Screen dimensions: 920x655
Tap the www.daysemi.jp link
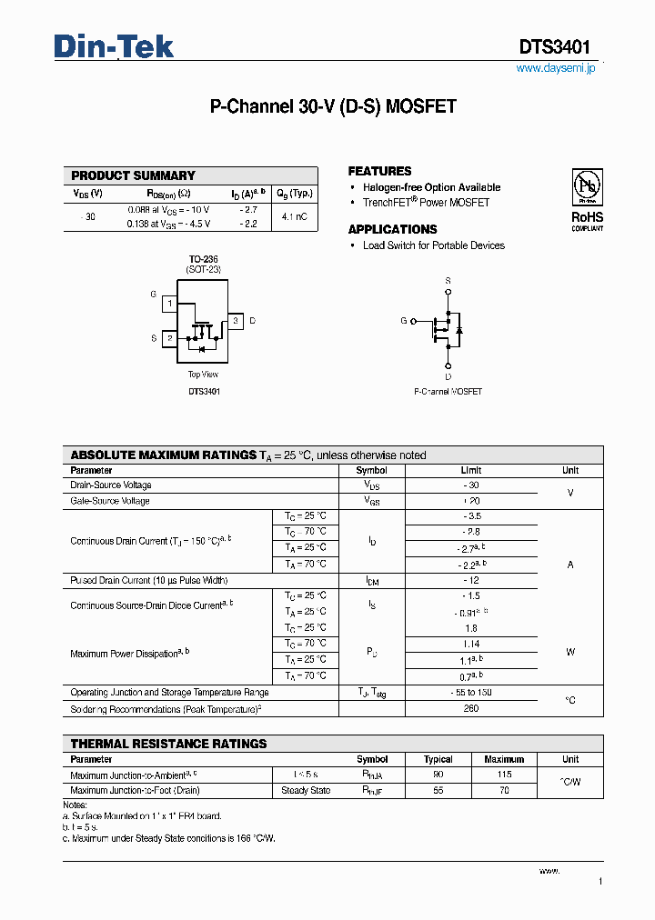pyautogui.click(x=555, y=68)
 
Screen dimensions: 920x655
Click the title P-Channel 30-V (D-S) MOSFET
pyautogui.click(x=333, y=106)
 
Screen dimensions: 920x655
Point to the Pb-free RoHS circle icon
pyautogui.click(x=587, y=187)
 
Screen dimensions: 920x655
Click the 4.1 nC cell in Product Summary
pyautogui.click(x=294, y=216)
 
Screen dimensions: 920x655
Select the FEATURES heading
pyautogui.click(x=379, y=171)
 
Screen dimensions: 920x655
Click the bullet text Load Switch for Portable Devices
pyautogui.click(x=433, y=245)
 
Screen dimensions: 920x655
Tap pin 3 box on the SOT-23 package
pyautogui.click(x=235, y=321)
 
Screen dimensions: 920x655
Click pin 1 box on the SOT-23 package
pyautogui.click(x=169, y=303)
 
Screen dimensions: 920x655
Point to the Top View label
pyautogui.click(x=203, y=375)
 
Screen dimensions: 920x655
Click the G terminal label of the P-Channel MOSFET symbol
pyautogui.click(x=403, y=321)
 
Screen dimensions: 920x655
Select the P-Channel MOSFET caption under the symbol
pyautogui.click(x=448, y=392)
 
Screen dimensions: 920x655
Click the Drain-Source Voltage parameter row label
pyautogui.click(x=111, y=485)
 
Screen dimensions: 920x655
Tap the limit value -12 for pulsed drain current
pyautogui.click(x=470, y=580)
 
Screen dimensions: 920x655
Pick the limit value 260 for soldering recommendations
pyautogui.click(x=470, y=708)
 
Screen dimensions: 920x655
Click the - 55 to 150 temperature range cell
pyautogui.click(x=470, y=693)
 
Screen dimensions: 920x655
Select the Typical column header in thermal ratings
pyautogui.click(x=438, y=759)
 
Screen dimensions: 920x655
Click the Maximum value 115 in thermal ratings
pyautogui.click(x=504, y=775)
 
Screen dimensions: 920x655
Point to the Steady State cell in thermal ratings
pyautogui.click(x=306, y=791)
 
